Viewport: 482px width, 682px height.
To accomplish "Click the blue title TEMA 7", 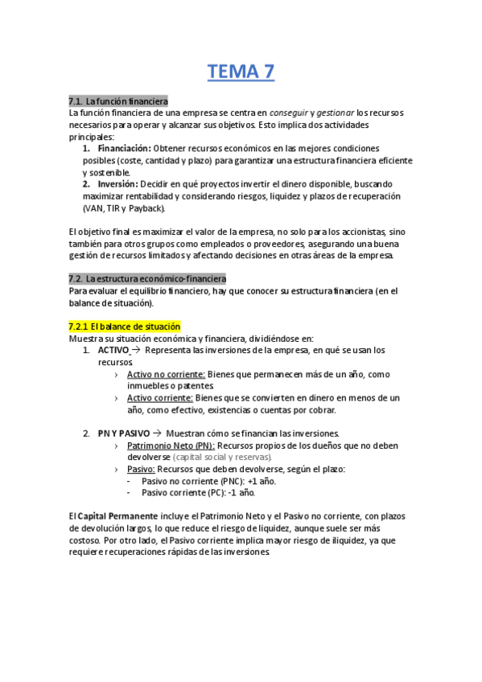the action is [x=241, y=72].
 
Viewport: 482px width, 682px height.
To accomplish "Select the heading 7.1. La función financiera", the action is [x=118, y=102].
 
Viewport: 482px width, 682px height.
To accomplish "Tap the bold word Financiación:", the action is [x=124, y=149].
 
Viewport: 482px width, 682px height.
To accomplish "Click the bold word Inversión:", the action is [x=117, y=184].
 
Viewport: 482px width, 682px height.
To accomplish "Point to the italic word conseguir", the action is [x=287, y=113].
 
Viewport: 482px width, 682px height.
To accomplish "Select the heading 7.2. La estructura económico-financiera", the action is [x=147, y=279].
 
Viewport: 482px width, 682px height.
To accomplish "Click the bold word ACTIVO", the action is [x=113, y=351].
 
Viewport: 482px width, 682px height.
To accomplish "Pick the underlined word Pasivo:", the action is [x=141, y=469].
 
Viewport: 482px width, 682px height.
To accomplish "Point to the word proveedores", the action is [x=286, y=244].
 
